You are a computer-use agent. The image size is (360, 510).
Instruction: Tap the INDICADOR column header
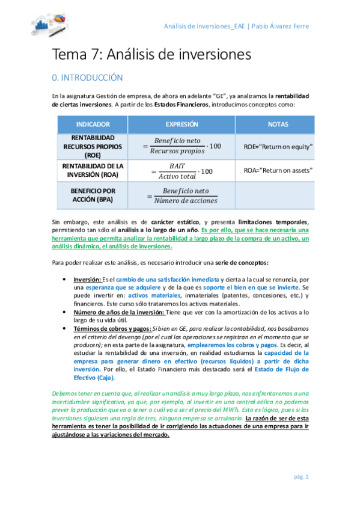click(93, 124)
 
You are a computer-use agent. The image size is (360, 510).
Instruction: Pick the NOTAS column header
click(278, 124)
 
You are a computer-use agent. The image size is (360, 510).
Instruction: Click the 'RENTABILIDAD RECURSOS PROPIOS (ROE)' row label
click(93, 146)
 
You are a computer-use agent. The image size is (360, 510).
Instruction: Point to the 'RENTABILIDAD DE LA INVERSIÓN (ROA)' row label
click(93, 170)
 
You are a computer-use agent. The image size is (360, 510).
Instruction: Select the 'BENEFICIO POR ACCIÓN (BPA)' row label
click(93, 195)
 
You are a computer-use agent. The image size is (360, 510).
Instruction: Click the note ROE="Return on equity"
click(278, 146)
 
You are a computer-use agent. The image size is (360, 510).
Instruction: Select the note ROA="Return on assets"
click(278, 170)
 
